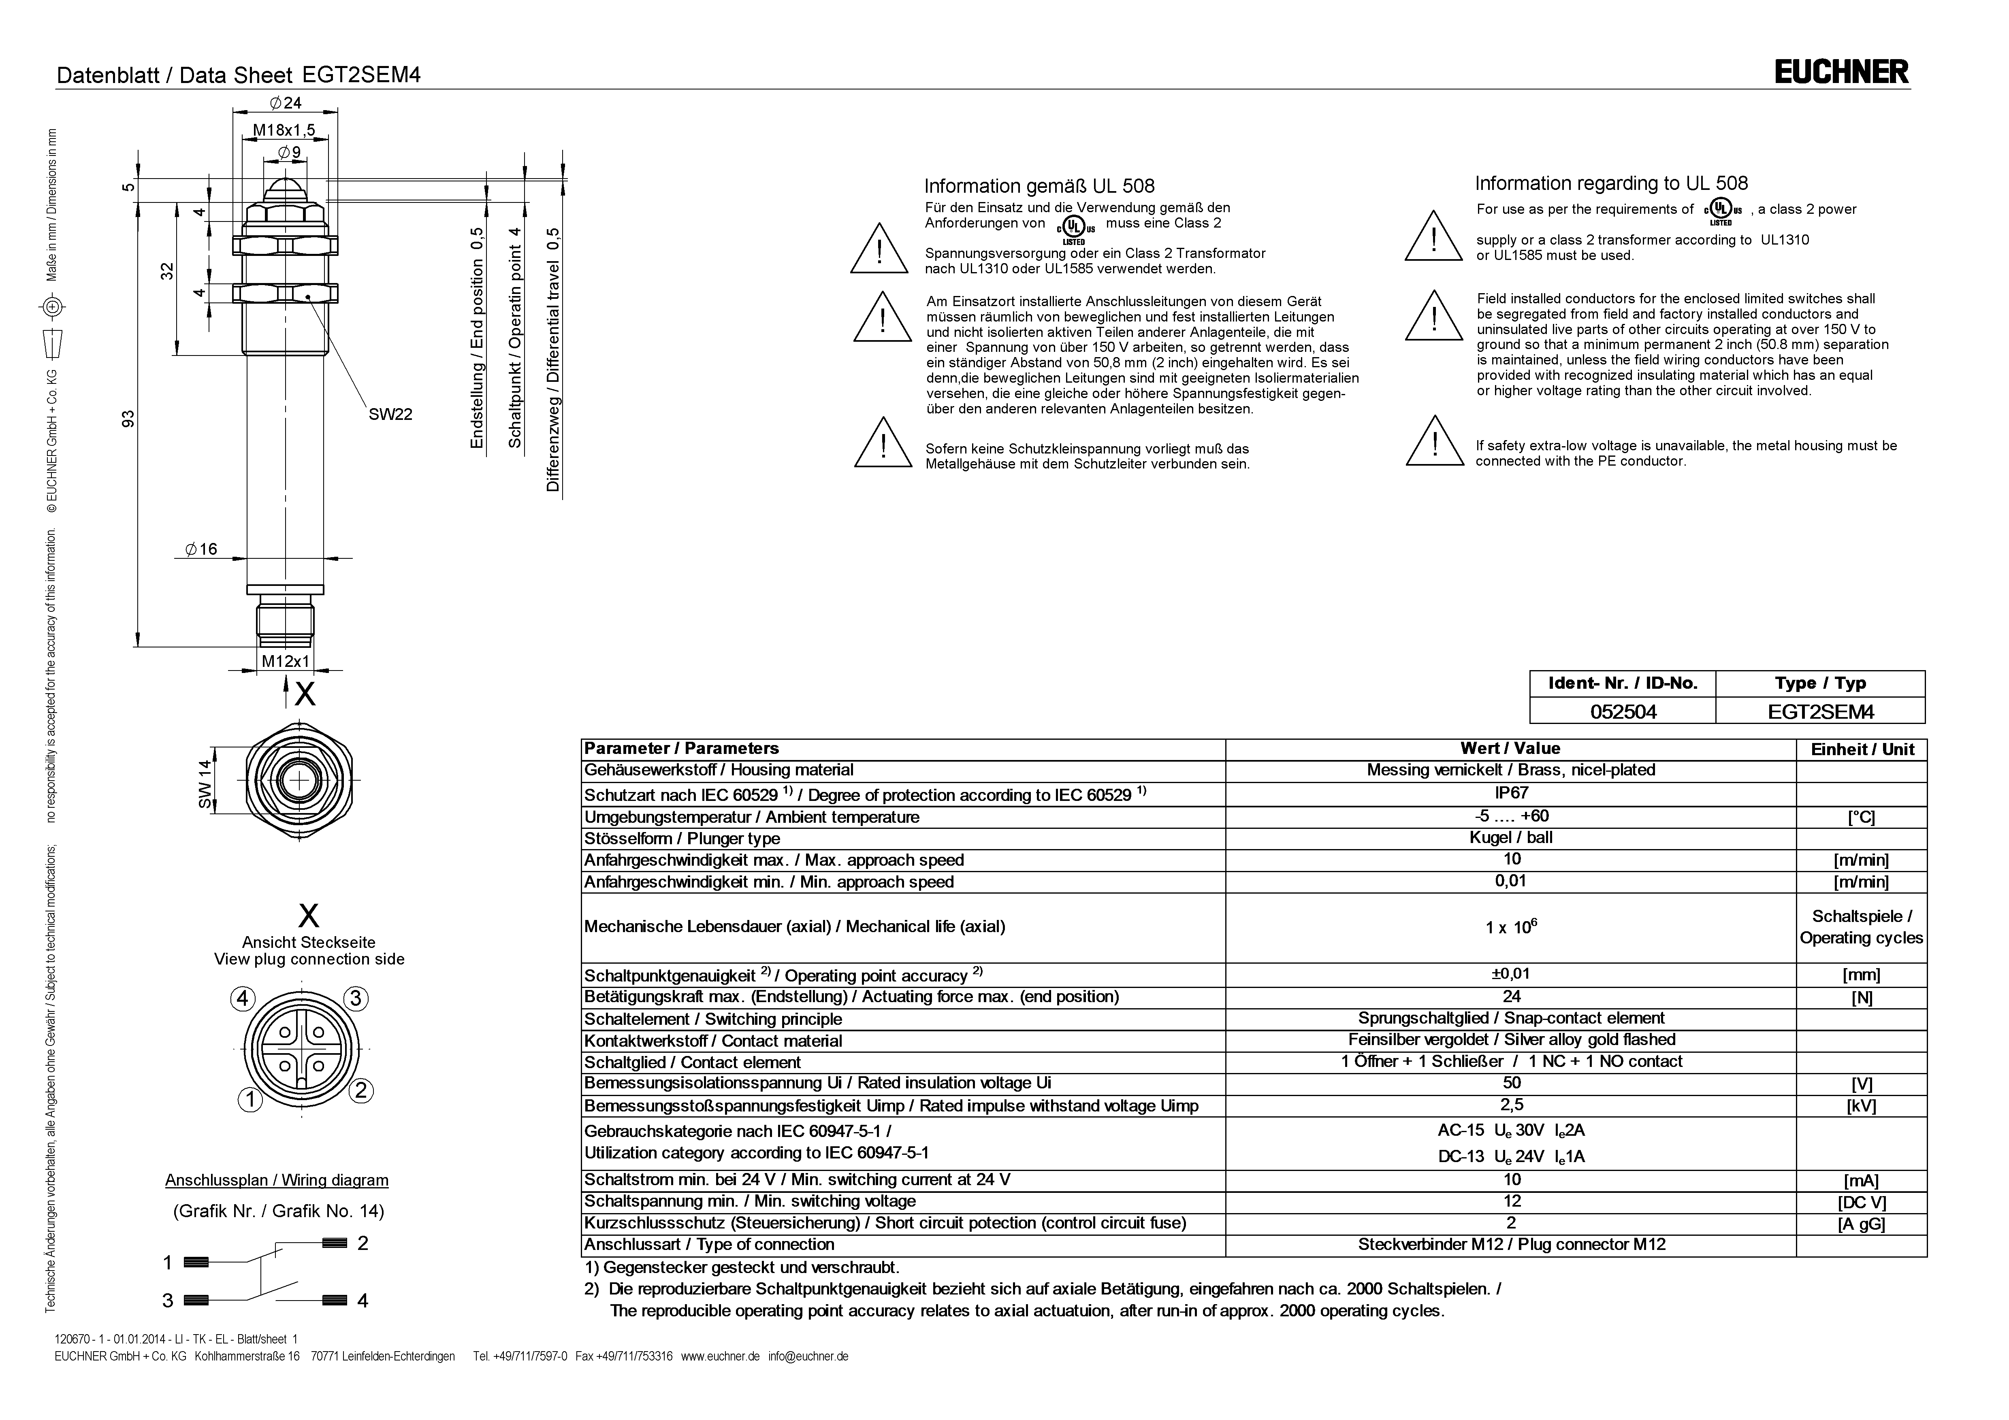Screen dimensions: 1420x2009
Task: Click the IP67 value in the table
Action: point(1511,793)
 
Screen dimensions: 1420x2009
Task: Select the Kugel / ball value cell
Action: point(1511,837)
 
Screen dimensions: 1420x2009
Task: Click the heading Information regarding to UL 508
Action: point(1611,184)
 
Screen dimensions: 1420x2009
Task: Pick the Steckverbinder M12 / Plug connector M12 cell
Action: point(1511,1244)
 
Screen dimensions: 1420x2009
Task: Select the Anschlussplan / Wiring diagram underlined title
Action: point(277,1180)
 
